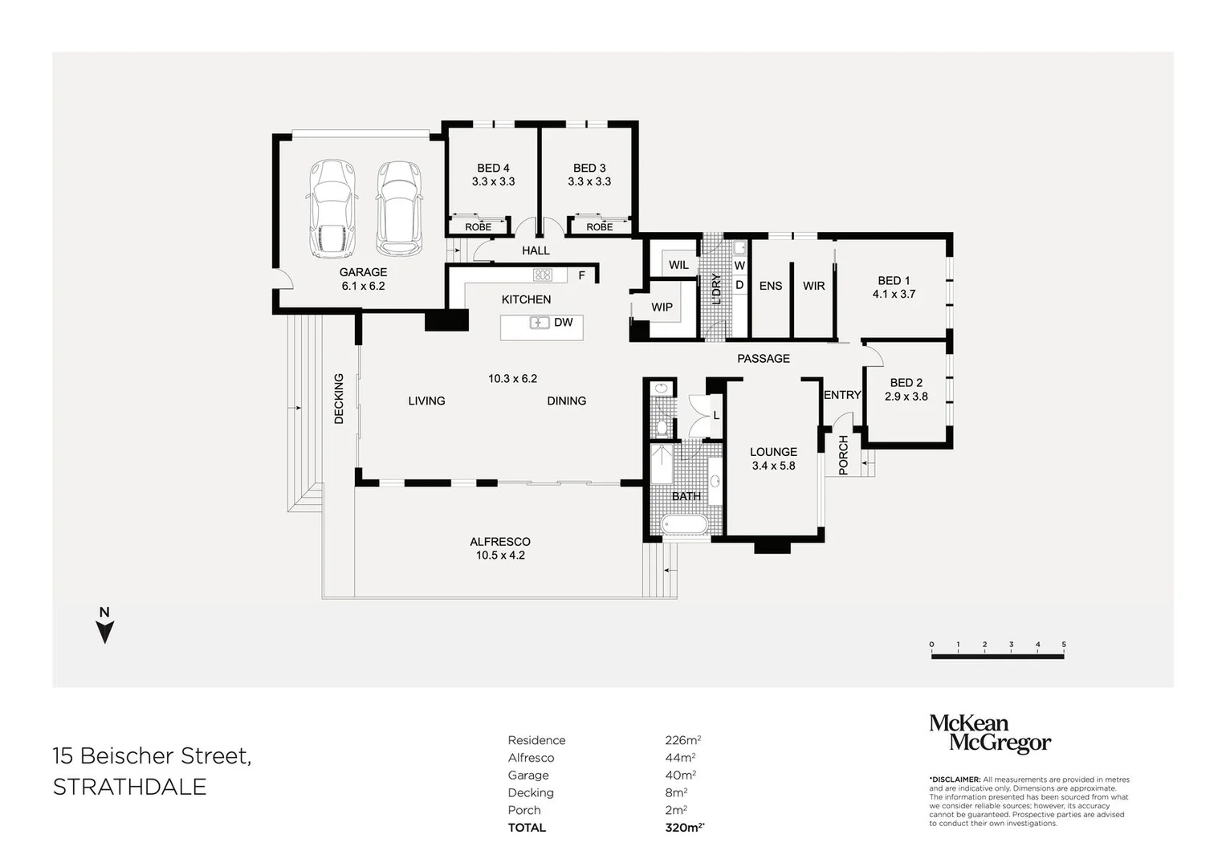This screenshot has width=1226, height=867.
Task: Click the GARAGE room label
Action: [363, 272]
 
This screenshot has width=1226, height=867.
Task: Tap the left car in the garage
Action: [332, 209]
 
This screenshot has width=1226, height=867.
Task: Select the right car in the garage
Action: [399, 209]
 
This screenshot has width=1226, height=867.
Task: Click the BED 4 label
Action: [493, 168]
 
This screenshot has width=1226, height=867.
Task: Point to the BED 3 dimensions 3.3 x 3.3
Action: [589, 181]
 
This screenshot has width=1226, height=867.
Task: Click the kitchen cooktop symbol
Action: [543, 275]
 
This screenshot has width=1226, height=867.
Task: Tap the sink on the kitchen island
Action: [539, 323]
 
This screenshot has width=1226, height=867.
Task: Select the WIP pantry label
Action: [662, 307]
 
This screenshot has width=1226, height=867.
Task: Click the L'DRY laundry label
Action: [716, 289]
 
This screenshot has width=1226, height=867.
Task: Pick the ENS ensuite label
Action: [771, 286]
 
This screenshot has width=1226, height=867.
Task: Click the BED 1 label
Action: [894, 281]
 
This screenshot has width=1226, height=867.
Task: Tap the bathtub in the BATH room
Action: [684, 524]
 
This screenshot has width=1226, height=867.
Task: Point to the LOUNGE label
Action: [773, 452]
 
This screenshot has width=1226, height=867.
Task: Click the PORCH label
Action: [843, 455]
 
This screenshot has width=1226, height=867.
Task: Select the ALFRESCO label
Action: [500, 542]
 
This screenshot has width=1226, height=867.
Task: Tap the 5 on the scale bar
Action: [1064, 644]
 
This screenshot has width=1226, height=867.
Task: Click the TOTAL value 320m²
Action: [685, 827]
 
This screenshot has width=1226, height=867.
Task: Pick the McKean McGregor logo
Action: [990, 734]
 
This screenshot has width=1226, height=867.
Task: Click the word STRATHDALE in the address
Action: [130, 787]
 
